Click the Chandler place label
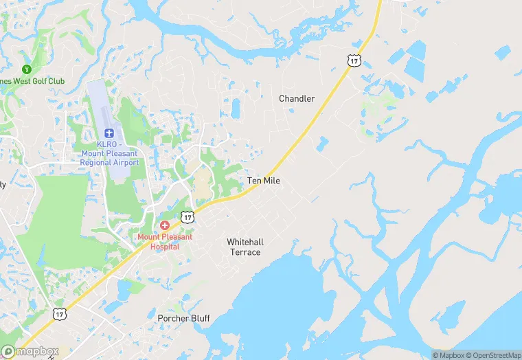click(x=297, y=99)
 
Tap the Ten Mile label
click(x=264, y=181)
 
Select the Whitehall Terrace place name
click(x=245, y=247)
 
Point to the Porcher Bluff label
click(x=183, y=319)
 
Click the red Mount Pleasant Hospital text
click(x=165, y=242)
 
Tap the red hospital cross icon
click(x=165, y=225)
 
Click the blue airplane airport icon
click(x=109, y=133)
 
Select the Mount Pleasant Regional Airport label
click(x=109, y=159)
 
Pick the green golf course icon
click(x=26, y=69)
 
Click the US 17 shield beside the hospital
click(x=188, y=217)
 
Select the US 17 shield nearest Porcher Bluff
click(x=59, y=313)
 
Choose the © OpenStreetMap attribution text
click(x=494, y=355)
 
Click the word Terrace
click(x=245, y=252)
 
